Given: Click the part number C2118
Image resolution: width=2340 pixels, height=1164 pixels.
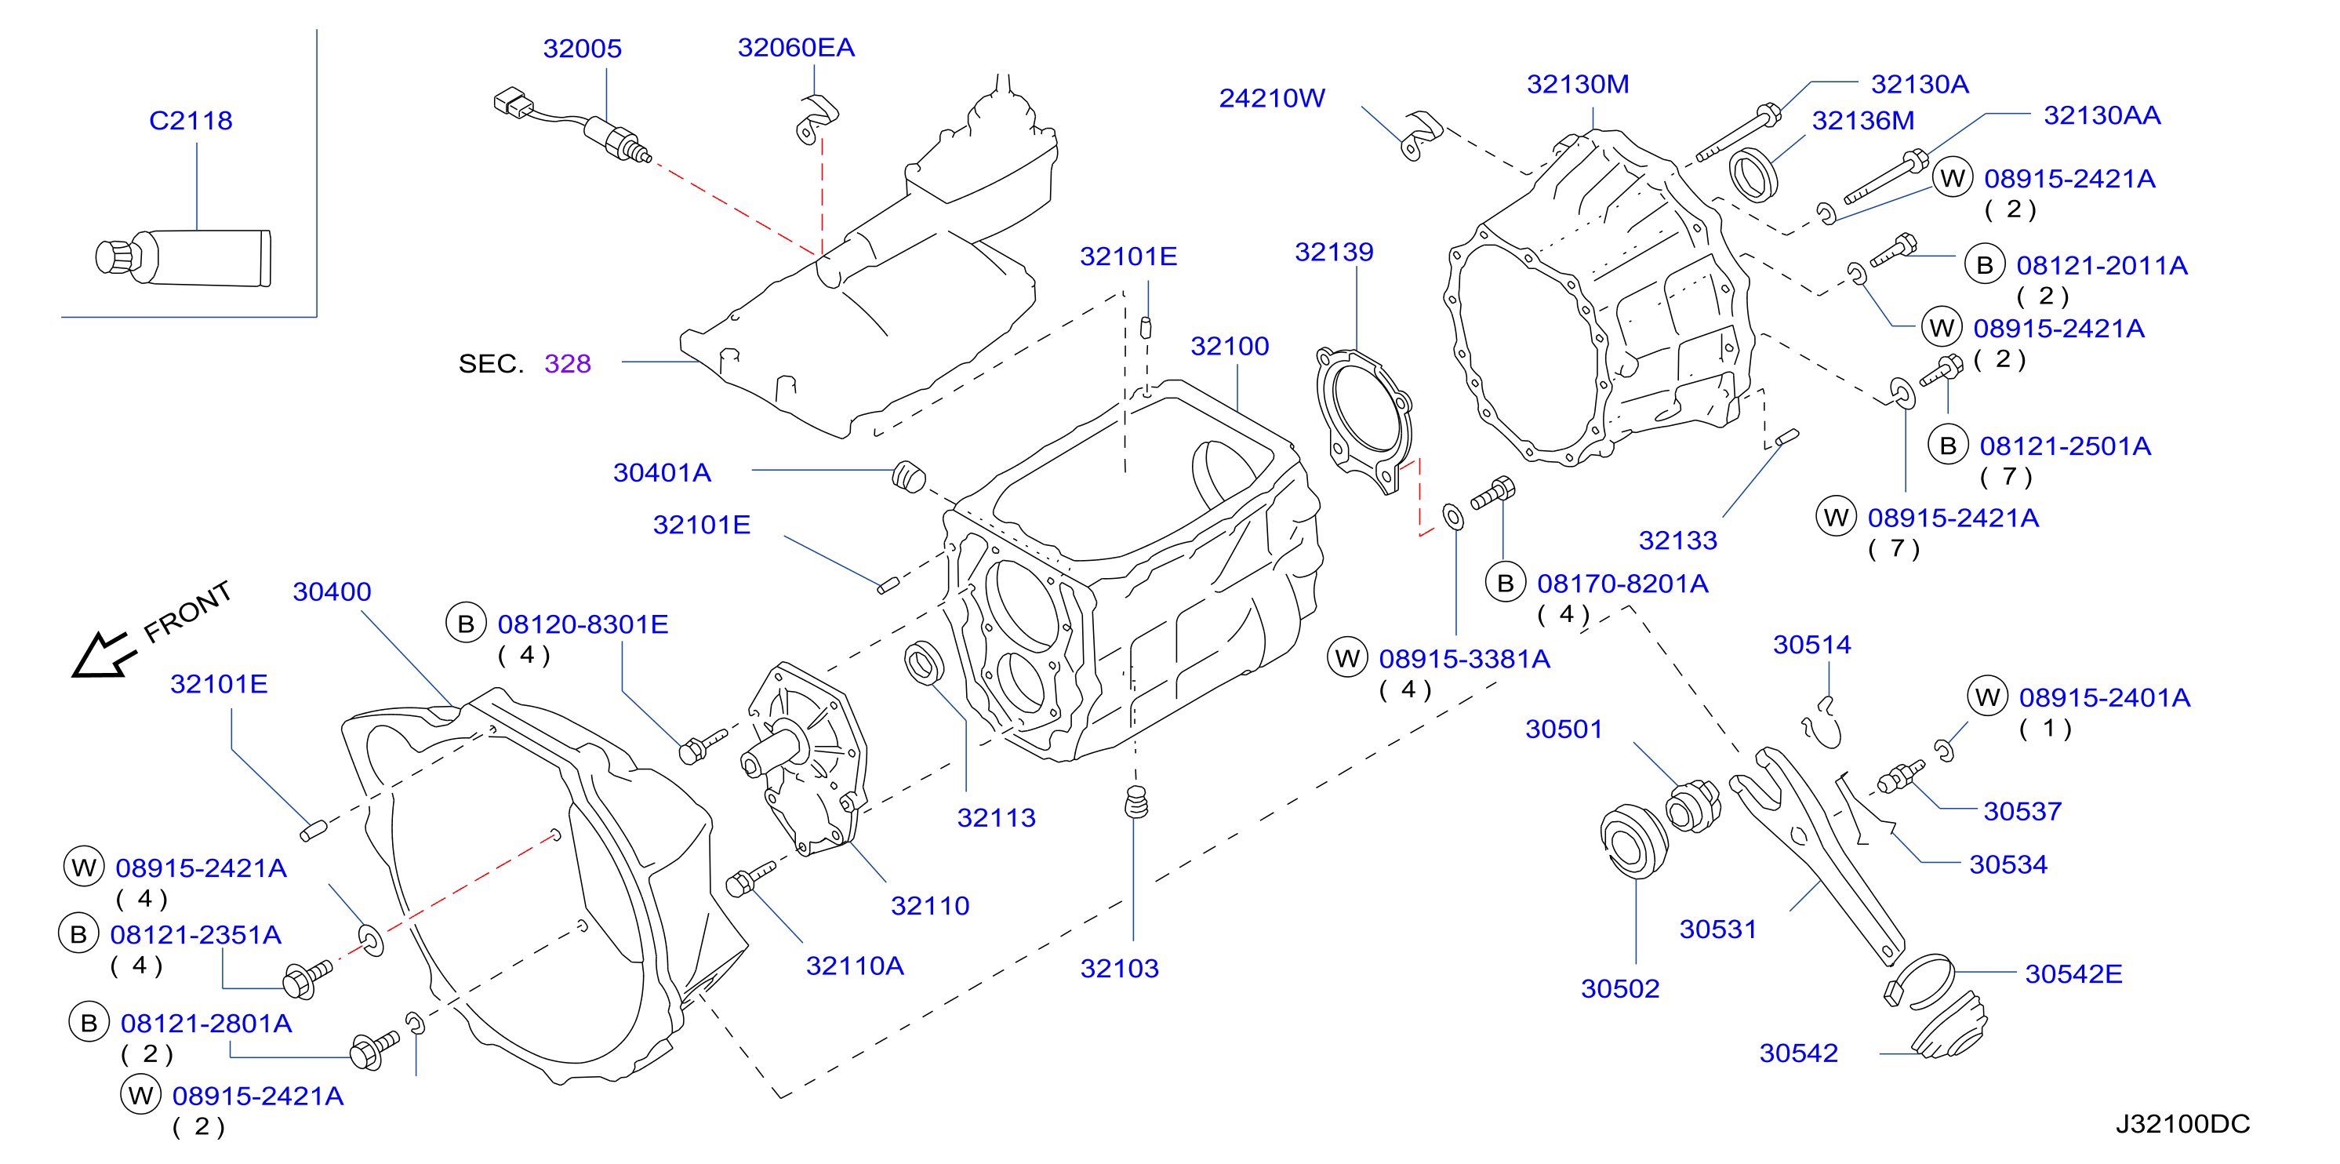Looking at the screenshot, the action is pyautogui.click(x=191, y=120).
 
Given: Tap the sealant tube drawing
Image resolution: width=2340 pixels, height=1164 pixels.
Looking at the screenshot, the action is pyautogui.click(x=183, y=257).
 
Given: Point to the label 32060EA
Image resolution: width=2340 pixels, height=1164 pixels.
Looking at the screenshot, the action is pyautogui.click(x=796, y=47).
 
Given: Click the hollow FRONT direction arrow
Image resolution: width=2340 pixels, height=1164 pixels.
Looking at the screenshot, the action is pyautogui.click(x=104, y=654).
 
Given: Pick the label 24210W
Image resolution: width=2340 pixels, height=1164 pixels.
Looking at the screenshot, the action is pyautogui.click(x=1272, y=98).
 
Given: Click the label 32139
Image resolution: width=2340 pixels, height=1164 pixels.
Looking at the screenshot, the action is pyautogui.click(x=1334, y=252).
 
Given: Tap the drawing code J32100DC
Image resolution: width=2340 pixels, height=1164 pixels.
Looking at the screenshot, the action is pyautogui.click(x=2183, y=1124).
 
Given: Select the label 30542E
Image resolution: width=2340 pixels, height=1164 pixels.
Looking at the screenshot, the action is pyautogui.click(x=2074, y=974).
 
